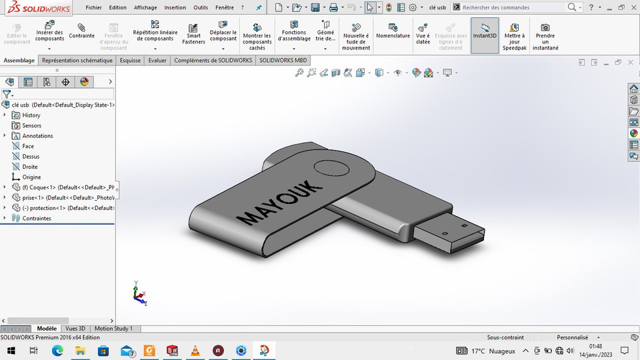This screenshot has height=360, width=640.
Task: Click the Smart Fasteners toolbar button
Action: pyautogui.click(x=193, y=35)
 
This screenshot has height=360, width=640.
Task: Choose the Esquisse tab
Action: pyautogui.click(x=130, y=60)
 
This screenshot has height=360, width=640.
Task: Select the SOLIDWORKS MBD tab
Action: pyautogui.click(x=283, y=60)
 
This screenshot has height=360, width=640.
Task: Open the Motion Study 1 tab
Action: pyautogui.click(x=113, y=329)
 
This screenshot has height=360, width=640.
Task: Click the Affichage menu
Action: pyautogui.click(x=145, y=7)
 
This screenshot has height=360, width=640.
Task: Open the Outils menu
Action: pyautogui.click(x=200, y=7)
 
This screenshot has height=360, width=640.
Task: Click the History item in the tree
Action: pyautogui.click(x=31, y=115)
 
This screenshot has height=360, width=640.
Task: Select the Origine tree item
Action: pyautogui.click(x=31, y=177)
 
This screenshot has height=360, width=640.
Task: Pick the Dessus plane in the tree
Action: pyautogui.click(x=31, y=157)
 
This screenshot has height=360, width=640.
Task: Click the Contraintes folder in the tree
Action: pyautogui.click(x=37, y=219)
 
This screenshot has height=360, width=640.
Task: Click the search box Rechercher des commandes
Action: pyautogui.click(x=513, y=7)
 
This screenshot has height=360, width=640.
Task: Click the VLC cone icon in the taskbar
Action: pyautogui.click(x=195, y=351)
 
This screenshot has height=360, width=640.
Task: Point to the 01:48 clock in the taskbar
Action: pyautogui.click(x=596, y=347)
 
